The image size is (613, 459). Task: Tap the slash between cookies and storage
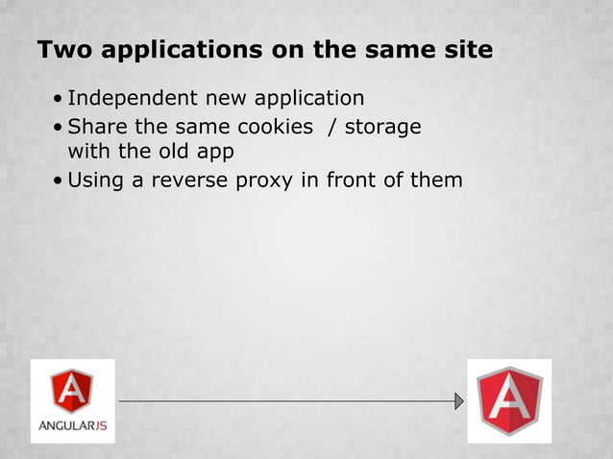coord(332,127)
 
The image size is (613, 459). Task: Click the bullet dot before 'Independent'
coord(61,99)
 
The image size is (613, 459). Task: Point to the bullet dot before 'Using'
coord(61,181)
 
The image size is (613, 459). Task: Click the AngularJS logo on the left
coord(73,399)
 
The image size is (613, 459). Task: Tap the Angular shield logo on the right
coord(509,400)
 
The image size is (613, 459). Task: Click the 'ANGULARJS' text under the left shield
coord(73,424)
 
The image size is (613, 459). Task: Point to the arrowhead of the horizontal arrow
coord(459,400)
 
